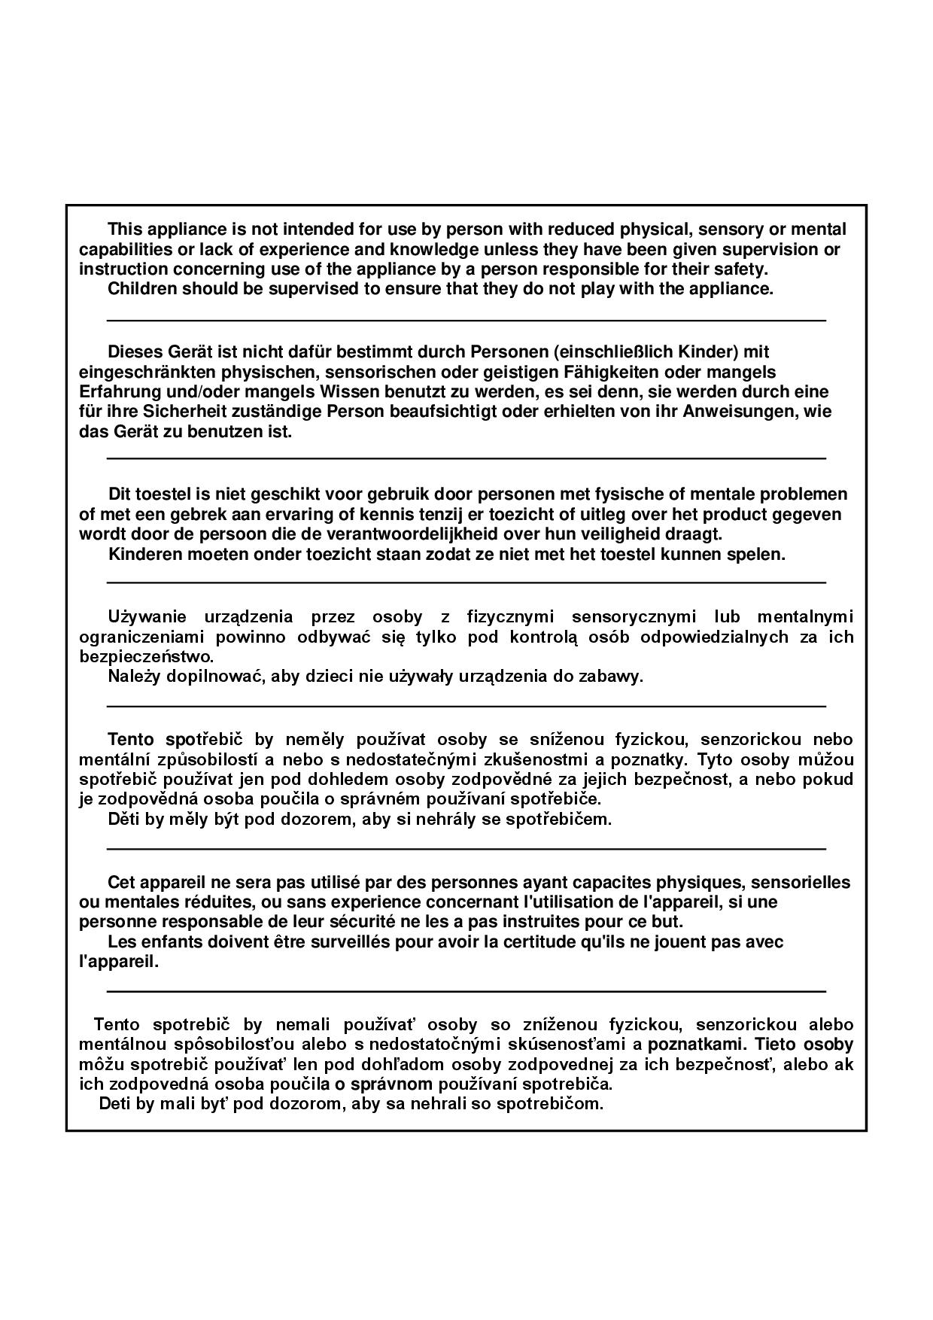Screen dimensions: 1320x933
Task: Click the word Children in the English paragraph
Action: (141, 289)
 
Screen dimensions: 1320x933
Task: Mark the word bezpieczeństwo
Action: (146, 656)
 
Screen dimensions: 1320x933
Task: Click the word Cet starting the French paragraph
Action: (122, 882)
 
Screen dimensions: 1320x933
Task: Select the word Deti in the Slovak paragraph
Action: (115, 1104)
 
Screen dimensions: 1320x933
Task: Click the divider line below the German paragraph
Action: (466, 458)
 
